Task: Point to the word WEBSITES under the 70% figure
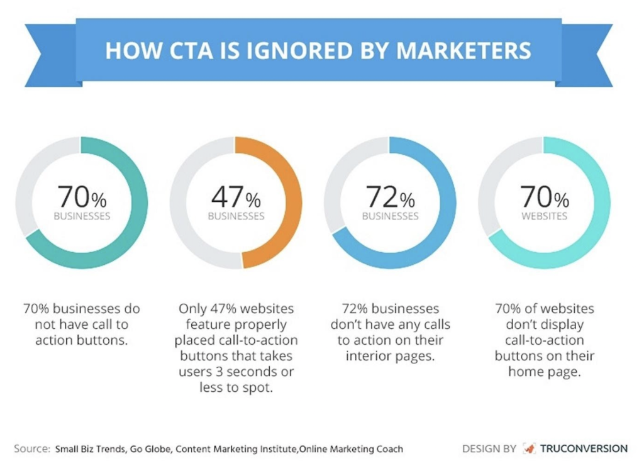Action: tap(544, 216)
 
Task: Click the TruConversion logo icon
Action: tap(528, 448)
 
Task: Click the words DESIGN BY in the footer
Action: tap(489, 448)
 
